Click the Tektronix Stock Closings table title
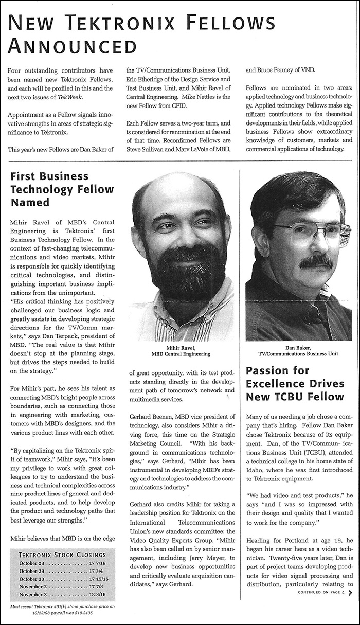pos(62,555)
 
